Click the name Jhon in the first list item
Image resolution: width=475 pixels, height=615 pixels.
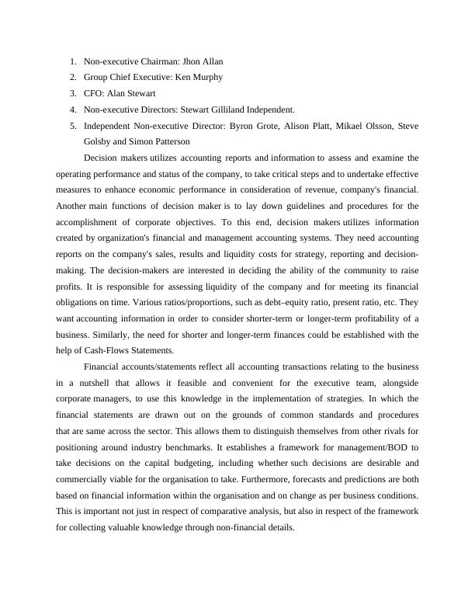192,61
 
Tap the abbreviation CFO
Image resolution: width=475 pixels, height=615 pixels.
93,93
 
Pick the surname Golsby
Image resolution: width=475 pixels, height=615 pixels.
98,142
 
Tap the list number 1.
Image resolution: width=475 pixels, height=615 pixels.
72,61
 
